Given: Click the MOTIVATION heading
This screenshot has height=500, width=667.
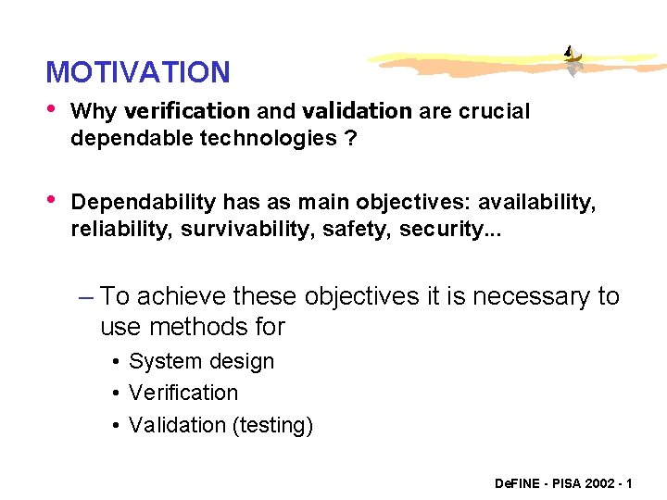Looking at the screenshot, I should [138, 72].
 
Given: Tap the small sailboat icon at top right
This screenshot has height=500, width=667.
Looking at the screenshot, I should [574, 61].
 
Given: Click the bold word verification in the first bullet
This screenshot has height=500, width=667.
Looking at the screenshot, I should [186, 112].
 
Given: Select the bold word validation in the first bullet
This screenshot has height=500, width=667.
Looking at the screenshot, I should [357, 112].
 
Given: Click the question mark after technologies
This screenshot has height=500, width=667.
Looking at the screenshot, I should [351, 138].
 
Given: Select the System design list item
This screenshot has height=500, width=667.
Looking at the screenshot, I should [201, 361].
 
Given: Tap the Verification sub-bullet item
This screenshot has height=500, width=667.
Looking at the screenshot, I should [183, 393].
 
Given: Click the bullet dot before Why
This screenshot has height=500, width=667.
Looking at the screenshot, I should [52, 110].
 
